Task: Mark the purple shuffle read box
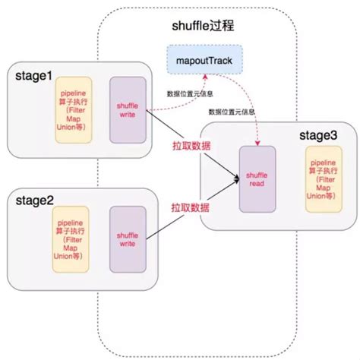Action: click(x=257, y=180)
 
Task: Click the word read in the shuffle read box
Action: click(x=257, y=184)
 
